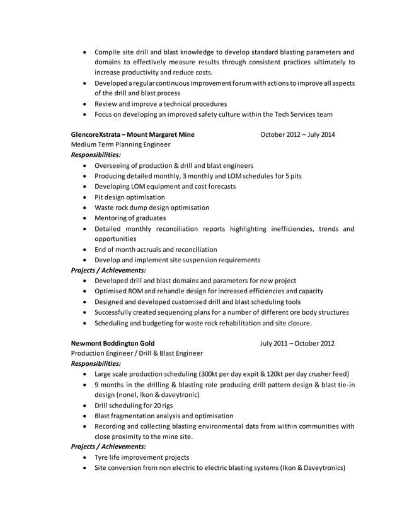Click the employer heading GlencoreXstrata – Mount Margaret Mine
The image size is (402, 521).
click(133, 134)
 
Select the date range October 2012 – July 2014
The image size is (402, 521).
click(297, 134)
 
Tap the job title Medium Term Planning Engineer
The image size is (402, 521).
click(120, 144)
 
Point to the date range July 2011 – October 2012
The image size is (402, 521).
click(297, 343)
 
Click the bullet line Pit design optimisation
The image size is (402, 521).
click(129, 197)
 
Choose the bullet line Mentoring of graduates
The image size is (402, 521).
click(130, 218)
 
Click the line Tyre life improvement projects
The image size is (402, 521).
click(142, 457)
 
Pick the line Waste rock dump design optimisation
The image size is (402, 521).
click(152, 208)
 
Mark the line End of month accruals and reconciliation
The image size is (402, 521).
click(156, 249)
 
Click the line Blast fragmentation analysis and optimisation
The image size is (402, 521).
click(164, 416)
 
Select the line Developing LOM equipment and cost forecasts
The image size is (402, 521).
click(165, 187)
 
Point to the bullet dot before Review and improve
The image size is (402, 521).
click(85, 103)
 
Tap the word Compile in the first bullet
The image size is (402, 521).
click(108, 52)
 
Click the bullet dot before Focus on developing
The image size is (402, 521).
click(85, 114)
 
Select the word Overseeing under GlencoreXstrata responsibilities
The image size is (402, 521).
click(114, 165)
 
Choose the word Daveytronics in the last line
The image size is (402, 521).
click(321, 468)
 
